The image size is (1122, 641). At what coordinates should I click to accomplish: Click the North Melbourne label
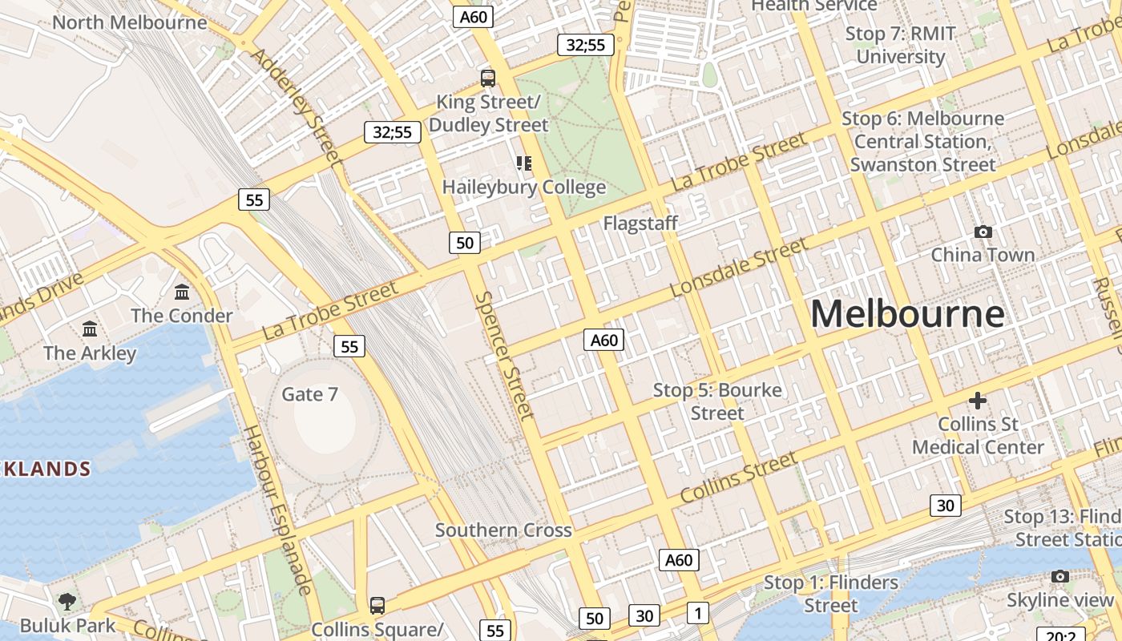(130, 22)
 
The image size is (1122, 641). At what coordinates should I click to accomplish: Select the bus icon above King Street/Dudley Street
(488, 79)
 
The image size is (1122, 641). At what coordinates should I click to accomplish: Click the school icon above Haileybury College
(524, 164)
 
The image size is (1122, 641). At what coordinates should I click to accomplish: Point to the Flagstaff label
(640, 223)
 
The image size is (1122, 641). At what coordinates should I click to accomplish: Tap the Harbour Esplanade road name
(277, 510)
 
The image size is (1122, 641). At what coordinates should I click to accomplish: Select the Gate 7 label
(309, 394)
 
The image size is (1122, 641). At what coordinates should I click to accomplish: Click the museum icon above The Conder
(182, 292)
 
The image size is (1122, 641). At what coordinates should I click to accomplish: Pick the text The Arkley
(90, 353)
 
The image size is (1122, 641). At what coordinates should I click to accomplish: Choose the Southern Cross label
(503, 530)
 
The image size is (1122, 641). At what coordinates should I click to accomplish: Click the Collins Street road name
(738, 477)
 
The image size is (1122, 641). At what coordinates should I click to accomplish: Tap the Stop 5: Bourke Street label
(717, 401)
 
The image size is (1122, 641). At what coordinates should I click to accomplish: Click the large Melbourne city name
(907, 313)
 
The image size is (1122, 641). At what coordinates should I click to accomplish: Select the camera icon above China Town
(983, 232)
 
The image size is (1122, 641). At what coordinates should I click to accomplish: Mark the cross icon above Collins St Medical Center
(977, 400)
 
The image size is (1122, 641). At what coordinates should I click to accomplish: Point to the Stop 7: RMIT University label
(901, 45)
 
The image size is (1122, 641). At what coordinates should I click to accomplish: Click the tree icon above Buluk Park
(67, 600)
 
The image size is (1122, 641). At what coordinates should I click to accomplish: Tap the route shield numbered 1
(698, 614)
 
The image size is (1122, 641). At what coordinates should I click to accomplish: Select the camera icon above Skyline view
(1060, 577)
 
